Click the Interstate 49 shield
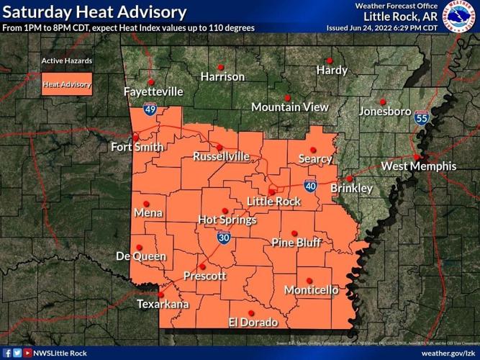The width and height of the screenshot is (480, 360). point(150,109)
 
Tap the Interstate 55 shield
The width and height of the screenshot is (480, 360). point(422,118)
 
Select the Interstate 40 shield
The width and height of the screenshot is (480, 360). point(310,186)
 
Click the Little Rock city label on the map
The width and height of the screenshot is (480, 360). point(273,202)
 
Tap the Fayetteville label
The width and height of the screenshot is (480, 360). point(153,92)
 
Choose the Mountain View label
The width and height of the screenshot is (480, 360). point(290,107)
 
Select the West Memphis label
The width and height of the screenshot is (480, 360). point(418,166)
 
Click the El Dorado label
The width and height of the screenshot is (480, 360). point(253,322)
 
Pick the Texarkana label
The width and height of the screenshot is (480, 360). point(163,305)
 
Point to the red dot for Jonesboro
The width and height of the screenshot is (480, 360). point(383,102)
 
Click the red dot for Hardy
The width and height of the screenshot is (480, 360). point(330,60)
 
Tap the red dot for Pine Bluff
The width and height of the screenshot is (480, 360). point(294,233)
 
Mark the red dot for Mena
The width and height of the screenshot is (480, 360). point(146,203)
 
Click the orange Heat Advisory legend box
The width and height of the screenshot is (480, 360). point(67,84)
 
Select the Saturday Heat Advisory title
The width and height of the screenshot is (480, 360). point(94,12)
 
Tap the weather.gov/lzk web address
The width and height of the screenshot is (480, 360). point(448,353)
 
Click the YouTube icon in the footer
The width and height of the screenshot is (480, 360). point(28,353)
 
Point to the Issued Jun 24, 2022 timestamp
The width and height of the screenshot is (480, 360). point(381,27)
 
